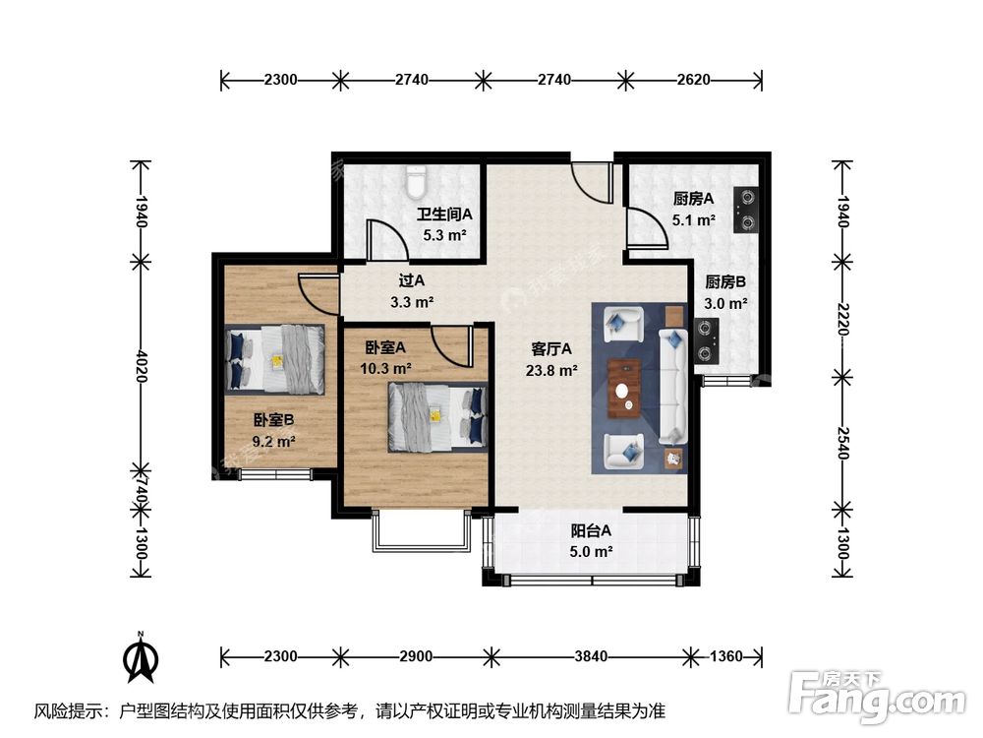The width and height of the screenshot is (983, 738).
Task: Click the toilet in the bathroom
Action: tap(415, 181)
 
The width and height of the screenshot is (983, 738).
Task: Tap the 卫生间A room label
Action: tap(444, 215)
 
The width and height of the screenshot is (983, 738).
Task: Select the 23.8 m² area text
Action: tap(551, 370)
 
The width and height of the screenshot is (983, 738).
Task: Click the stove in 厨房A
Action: tap(747, 211)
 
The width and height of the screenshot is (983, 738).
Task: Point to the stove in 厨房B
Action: tap(707, 341)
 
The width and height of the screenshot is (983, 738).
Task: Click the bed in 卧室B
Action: tap(275, 359)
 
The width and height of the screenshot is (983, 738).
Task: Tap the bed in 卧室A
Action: tap(437, 416)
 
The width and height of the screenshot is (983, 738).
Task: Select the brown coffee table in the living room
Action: tap(624, 389)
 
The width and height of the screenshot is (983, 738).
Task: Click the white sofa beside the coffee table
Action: tap(672, 386)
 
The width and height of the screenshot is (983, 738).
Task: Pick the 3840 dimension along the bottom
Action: tap(591, 656)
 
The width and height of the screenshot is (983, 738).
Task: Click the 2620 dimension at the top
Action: tap(693, 80)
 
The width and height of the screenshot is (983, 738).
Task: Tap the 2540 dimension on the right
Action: tap(842, 443)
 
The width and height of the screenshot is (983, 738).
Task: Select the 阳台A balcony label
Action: tap(591, 531)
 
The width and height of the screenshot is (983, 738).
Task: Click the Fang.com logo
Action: tap(878, 696)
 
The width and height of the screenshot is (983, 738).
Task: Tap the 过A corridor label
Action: tap(412, 279)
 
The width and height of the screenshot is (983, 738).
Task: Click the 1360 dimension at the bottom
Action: tap(726, 656)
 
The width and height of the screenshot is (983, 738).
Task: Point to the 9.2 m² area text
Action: tap(273, 441)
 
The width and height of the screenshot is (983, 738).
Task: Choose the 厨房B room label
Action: tap(725, 282)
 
